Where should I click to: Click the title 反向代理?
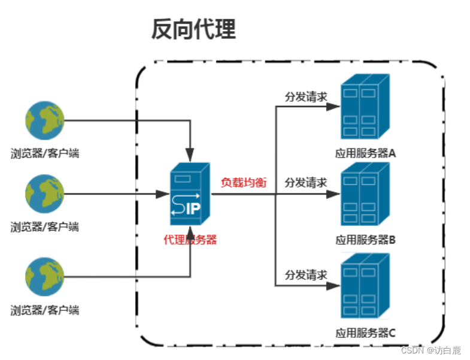pos(193,29)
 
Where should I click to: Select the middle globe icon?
pos(44,194)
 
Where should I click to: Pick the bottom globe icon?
pos(44,277)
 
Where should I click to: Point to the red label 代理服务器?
pos(190,240)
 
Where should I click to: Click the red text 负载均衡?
pos(244,182)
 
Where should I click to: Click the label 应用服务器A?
pos(365,153)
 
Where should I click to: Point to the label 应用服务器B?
pos(365,241)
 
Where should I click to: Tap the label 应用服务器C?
pos(365,332)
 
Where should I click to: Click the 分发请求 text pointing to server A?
pos(306,96)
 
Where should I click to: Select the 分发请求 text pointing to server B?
pos(306,183)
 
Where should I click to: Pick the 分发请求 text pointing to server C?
pos(306,275)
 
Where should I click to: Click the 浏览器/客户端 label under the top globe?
pos(45,153)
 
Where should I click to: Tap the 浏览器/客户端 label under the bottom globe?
pos(45,310)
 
